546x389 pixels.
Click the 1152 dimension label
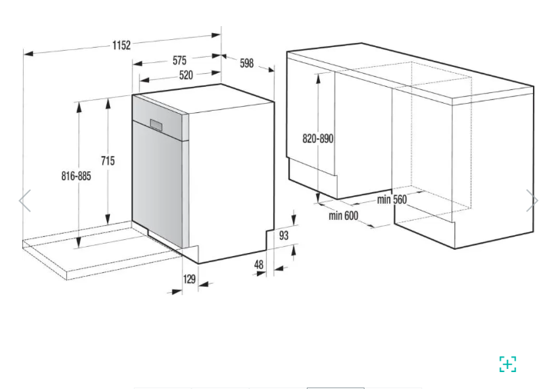pyautogui.click(x=122, y=45)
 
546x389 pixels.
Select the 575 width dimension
pyautogui.click(x=179, y=60)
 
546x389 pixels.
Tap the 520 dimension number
pyautogui.click(x=186, y=75)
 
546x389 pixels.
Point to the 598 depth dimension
pyautogui.click(x=247, y=63)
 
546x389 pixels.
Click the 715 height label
pyautogui.click(x=108, y=161)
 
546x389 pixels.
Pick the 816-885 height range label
pyautogui.click(x=76, y=176)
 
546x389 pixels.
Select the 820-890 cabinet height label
pyautogui.click(x=318, y=138)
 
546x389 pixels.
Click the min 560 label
pyautogui.click(x=391, y=200)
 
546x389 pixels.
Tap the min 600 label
pyautogui.click(x=343, y=215)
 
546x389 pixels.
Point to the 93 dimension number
pyautogui.click(x=284, y=236)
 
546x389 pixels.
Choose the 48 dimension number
pyautogui.click(x=258, y=264)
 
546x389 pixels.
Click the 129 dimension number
pyautogui.click(x=189, y=279)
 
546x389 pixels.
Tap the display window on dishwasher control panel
pyautogui.click(x=156, y=125)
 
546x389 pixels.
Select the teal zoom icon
pyautogui.click(x=508, y=364)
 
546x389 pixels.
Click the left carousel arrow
pyautogui.click(x=25, y=201)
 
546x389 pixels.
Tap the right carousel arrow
pyautogui.click(x=532, y=201)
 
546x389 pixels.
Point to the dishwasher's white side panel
pyautogui.click(x=231, y=181)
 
